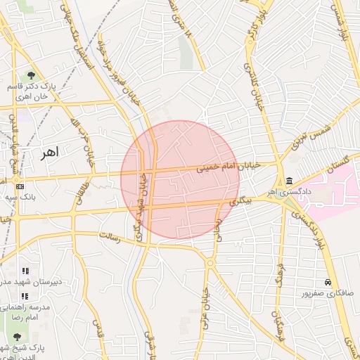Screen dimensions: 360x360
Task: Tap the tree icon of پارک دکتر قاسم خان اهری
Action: (x=31, y=75)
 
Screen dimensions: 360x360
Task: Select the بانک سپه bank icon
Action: (x=20, y=186)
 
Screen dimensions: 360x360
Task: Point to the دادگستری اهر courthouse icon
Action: (x=290, y=180)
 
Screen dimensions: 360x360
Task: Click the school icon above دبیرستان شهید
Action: (x=25, y=271)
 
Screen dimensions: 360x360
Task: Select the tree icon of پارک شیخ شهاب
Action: (x=18, y=337)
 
